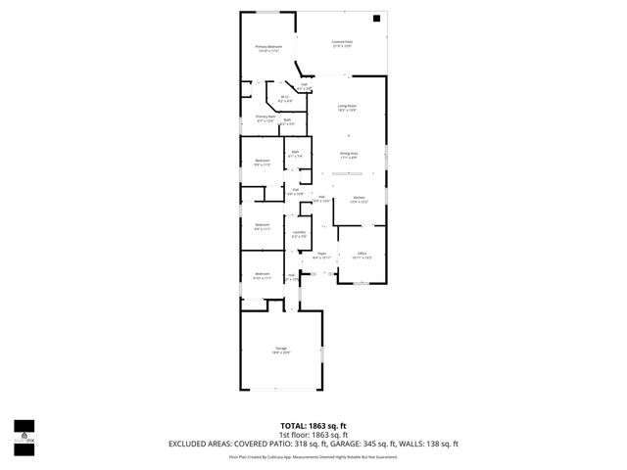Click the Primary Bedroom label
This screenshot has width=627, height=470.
tap(268, 49)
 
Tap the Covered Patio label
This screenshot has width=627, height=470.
tap(341, 43)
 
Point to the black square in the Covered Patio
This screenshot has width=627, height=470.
tap(376, 19)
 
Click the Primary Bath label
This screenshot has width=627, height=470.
tap(265, 118)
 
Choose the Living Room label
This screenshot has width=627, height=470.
tap(347, 108)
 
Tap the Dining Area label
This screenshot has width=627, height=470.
tap(348, 155)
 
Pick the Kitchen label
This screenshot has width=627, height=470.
tap(360, 200)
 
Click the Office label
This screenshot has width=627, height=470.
tap(362, 255)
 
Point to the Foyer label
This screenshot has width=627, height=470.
tap(320, 256)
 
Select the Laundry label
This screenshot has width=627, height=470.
tap(299, 234)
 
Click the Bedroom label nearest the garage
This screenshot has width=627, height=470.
tap(263, 275)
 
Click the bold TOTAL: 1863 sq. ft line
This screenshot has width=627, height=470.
tap(313, 426)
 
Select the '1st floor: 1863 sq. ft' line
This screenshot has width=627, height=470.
tap(313, 435)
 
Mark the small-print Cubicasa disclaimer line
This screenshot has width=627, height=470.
tap(313, 456)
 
